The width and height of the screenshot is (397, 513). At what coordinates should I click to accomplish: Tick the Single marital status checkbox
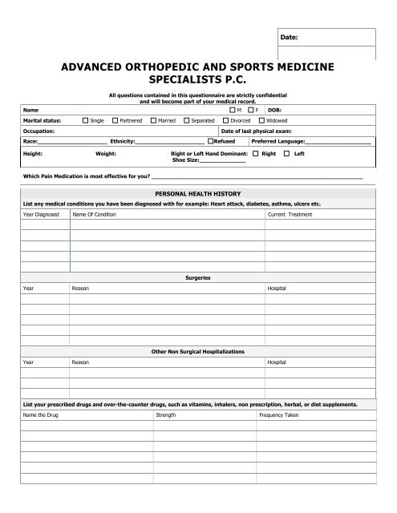tap(86, 120)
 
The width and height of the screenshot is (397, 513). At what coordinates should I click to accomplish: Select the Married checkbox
tap(153, 120)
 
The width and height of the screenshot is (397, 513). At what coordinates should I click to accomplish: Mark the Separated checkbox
tap(187, 120)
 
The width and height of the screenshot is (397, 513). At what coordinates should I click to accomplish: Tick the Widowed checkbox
tap(260, 120)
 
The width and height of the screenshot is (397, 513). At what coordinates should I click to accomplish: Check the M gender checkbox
tap(233, 110)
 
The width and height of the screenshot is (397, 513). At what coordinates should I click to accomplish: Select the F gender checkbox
tap(252, 110)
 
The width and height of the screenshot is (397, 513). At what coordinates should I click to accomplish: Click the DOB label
tap(273, 110)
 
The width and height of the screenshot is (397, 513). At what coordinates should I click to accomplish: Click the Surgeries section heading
tap(197, 277)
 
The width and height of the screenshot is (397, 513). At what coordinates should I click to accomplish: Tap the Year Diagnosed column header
tap(40, 215)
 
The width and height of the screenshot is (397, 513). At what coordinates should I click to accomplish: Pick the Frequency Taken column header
tap(277, 414)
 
